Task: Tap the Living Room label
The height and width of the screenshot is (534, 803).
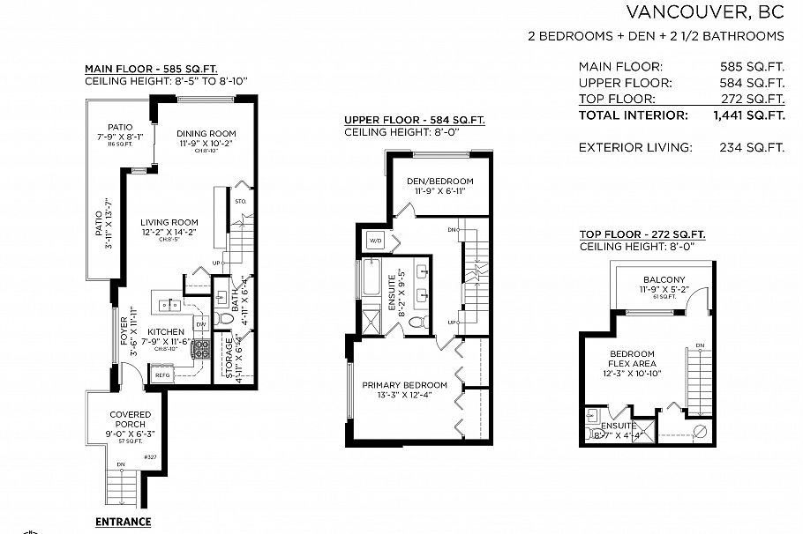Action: (x=169, y=222)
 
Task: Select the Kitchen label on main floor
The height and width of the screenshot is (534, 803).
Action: (x=166, y=332)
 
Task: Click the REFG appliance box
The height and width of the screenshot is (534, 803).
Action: (x=162, y=375)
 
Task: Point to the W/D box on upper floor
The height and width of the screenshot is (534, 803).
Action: (x=374, y=241)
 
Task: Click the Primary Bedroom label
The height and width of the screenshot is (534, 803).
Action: (x=405, y=385)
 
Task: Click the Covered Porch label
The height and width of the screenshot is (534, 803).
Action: (x=130, y=414)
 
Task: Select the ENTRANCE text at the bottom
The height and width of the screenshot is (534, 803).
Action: (x=124, y=522)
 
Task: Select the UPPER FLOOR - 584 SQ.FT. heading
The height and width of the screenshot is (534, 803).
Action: (x=414, y=120)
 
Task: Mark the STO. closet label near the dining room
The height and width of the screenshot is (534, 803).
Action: (x=241, y=203)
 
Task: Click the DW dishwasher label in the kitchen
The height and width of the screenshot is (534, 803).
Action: (x=201, y=323)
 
